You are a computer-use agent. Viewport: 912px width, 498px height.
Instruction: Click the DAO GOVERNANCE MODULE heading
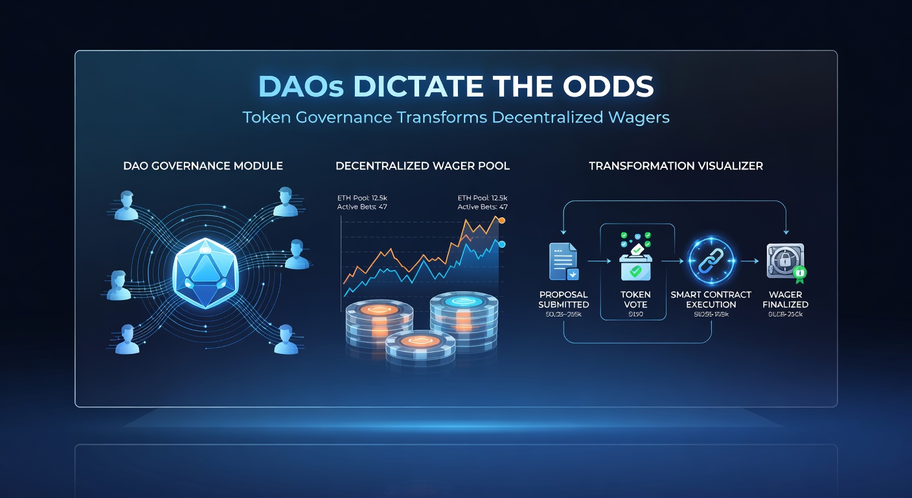[203, 166]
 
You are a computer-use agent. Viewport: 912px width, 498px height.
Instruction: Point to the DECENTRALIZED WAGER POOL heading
[422, 166]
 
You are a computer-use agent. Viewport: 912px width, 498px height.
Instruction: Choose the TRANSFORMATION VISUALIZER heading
[676, 166]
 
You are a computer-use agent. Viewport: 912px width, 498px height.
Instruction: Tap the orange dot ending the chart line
[501, 221]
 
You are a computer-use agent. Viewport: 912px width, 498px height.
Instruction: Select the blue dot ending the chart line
[501, 244]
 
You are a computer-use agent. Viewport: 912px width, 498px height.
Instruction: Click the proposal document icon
[563, 261]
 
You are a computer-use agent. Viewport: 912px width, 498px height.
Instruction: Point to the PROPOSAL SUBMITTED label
[564, 300]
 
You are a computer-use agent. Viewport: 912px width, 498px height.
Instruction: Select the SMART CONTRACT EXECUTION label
[711, 300]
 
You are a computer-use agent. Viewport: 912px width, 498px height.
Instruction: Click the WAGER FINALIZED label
[785, 300]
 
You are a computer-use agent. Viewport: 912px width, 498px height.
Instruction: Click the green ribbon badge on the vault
[800, 274]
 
